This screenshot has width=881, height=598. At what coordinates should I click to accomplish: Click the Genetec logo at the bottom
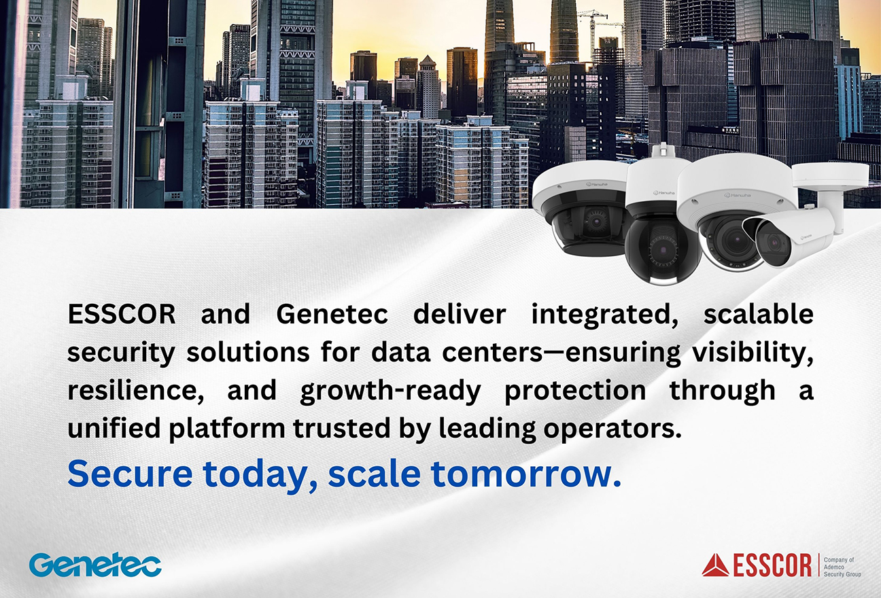pos(95,565)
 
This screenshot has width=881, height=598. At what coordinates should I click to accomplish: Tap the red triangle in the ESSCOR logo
pos(715,566)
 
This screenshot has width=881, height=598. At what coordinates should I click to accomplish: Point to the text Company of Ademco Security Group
pos(842,567)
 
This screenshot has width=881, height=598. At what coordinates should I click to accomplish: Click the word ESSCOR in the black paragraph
pos(122,315)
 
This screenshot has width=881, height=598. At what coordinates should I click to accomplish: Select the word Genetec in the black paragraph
pos(332,315)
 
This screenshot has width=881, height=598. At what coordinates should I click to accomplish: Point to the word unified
pos(114,427)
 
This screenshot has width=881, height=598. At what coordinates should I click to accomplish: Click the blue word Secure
pos(131,474)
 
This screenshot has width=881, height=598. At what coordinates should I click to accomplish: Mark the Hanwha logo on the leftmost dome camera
pos(597,184)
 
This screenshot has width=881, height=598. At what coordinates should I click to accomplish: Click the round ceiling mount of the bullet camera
pos(830,175)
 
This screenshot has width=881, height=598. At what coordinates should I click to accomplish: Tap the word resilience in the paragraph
pos(135,391)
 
